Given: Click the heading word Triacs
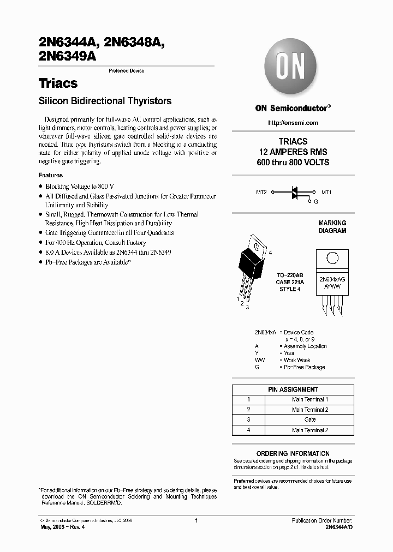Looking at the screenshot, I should tap(58, 83).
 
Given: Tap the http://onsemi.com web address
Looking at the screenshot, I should tap(293, 123).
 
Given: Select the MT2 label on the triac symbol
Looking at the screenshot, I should tap(261, 193).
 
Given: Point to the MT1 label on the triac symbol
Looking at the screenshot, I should tap(326, 193).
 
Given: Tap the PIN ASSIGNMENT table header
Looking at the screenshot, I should tap(293, 389).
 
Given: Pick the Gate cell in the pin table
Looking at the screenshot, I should tap(309, 419).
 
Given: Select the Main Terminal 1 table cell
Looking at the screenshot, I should tap(309, 400).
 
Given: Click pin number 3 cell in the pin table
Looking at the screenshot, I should tap(248, 419).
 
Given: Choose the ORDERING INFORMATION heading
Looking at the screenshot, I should tap(293, 453).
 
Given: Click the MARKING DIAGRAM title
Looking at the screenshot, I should tap(332, 227).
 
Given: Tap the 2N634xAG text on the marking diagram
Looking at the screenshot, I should tap(332, 278).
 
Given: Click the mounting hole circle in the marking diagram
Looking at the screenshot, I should tap(332, 259).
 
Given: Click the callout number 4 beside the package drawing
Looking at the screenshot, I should tap(270, 253).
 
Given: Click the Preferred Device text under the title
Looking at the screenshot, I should tap(127, 71).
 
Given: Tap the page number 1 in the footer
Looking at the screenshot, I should tap(196, 520).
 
